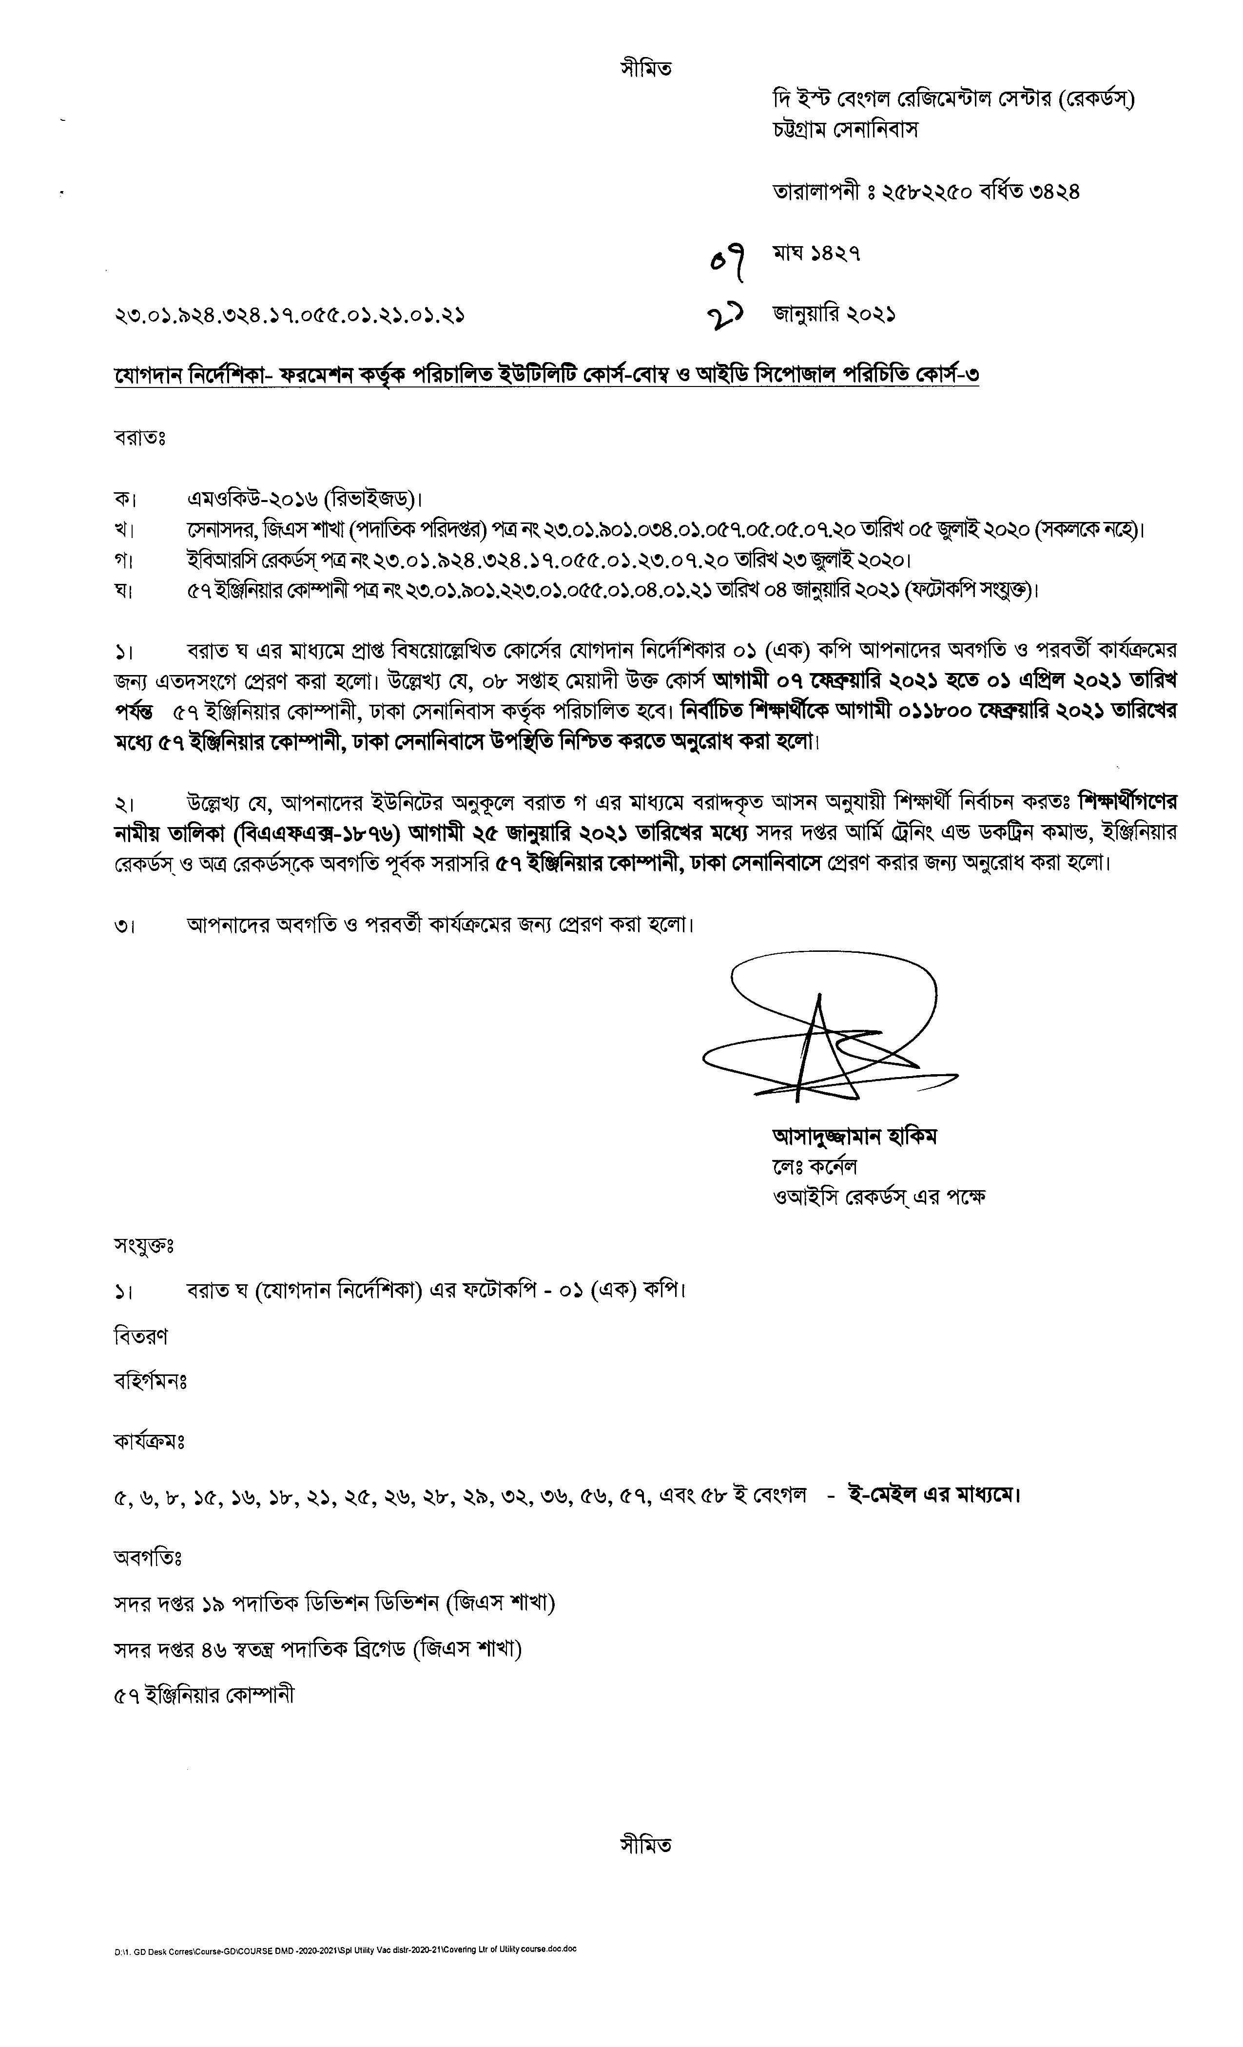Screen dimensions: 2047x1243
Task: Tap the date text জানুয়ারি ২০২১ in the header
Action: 834,315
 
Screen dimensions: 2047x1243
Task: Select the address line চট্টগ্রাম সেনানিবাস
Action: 845,131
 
